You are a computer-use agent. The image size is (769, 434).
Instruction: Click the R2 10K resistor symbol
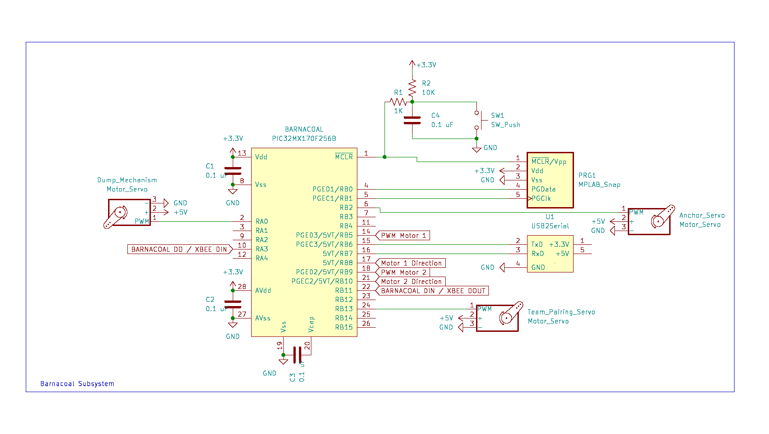pos(412,87)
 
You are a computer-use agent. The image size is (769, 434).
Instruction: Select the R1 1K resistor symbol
pos(398,102)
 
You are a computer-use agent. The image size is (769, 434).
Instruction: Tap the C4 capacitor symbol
pos(412,120)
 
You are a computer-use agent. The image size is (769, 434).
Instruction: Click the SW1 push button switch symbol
pos(478,120)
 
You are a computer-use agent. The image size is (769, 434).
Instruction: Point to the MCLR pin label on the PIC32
pos(344,157)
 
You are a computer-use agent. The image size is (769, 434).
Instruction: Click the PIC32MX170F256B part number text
pos(304,139)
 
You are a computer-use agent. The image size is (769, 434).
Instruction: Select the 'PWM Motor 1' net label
pos(403,236)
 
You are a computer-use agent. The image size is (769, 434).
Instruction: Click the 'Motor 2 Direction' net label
pos(411,282)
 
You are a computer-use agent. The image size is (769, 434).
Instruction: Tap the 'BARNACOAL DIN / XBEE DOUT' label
pos(432,291)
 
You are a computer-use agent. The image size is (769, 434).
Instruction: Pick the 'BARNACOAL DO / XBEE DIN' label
pos(179,249)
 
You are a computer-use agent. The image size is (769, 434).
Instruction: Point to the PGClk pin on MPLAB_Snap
pos(541,198)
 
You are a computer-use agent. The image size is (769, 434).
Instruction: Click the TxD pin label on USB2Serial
pos(537,244)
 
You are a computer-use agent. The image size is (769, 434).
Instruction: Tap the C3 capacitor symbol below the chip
pos(297,355)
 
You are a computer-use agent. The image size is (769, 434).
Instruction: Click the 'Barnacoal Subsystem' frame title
pos(77,384)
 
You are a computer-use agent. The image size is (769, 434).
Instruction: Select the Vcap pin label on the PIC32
pos(311,324)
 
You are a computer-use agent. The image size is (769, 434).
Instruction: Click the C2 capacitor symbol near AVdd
pos(233,304)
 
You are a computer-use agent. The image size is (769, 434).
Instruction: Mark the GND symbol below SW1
pos(477,149)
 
